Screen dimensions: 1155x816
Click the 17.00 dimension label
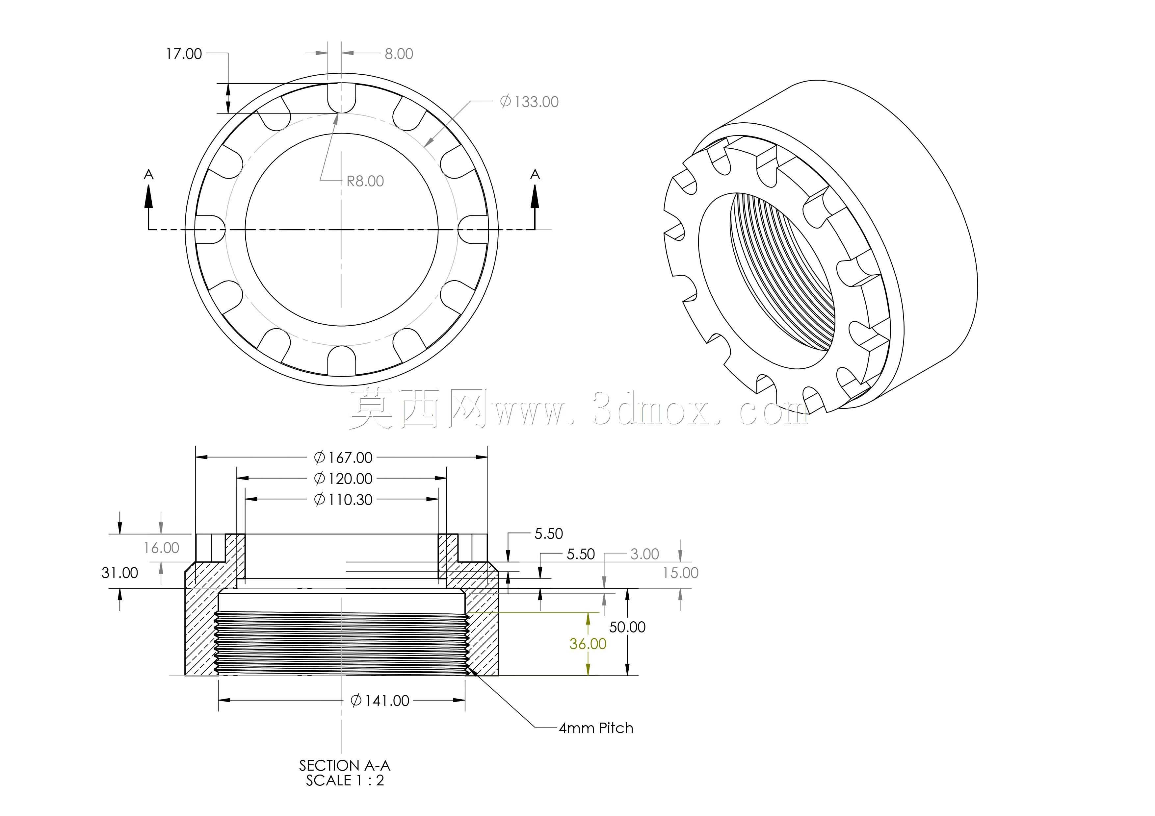point(184,54)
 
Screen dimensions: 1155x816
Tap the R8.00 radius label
point(365,181)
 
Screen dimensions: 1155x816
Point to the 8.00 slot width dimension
point(399,54)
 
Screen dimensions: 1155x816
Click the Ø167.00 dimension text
point(343,457)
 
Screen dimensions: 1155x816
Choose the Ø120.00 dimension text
point(343,479)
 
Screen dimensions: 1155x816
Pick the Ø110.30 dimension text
point(343,500)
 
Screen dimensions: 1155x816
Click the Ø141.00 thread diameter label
point(380,700)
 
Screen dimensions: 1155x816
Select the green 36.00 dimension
point(588,644)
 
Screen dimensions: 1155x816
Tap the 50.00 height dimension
point(627,627)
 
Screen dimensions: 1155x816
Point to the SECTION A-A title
point(345,765)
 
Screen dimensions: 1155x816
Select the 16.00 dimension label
point(162,548)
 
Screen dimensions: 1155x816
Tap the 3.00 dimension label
point(644,554)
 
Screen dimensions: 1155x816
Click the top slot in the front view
point(342,98)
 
